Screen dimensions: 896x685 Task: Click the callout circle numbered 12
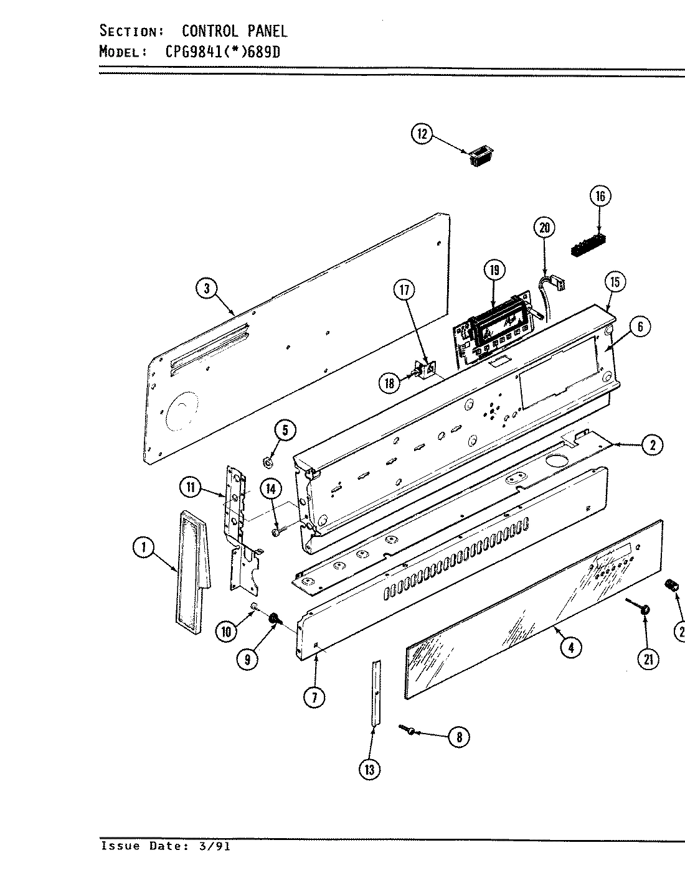422,134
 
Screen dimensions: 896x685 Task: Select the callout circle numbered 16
600,197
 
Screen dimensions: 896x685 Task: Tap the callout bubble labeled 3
207,287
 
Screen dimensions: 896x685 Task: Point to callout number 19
494,270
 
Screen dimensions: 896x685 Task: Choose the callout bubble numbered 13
369,770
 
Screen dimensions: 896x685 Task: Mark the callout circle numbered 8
458,737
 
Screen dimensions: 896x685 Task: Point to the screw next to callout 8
409,729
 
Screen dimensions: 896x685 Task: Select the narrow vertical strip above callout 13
375,692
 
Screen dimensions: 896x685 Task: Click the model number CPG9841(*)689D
222,52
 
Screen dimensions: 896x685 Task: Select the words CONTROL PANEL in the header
234,30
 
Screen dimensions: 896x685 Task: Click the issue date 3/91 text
210,846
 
